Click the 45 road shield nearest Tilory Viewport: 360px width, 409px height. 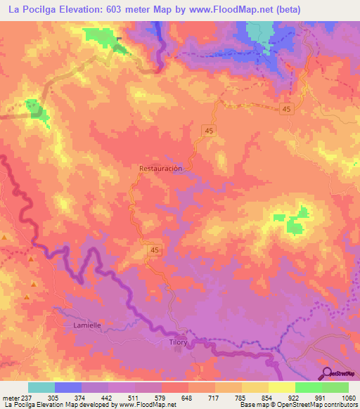coord(155,249)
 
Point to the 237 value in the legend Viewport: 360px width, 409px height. coord(20,397)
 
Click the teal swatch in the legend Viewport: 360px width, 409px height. coord(41,387)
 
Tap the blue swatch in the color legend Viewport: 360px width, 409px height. coord(68,387)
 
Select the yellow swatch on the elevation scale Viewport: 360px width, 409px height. coord(282,387)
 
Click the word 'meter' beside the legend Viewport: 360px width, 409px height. coord(8,397)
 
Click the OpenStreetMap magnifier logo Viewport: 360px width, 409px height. coord(326,372)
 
